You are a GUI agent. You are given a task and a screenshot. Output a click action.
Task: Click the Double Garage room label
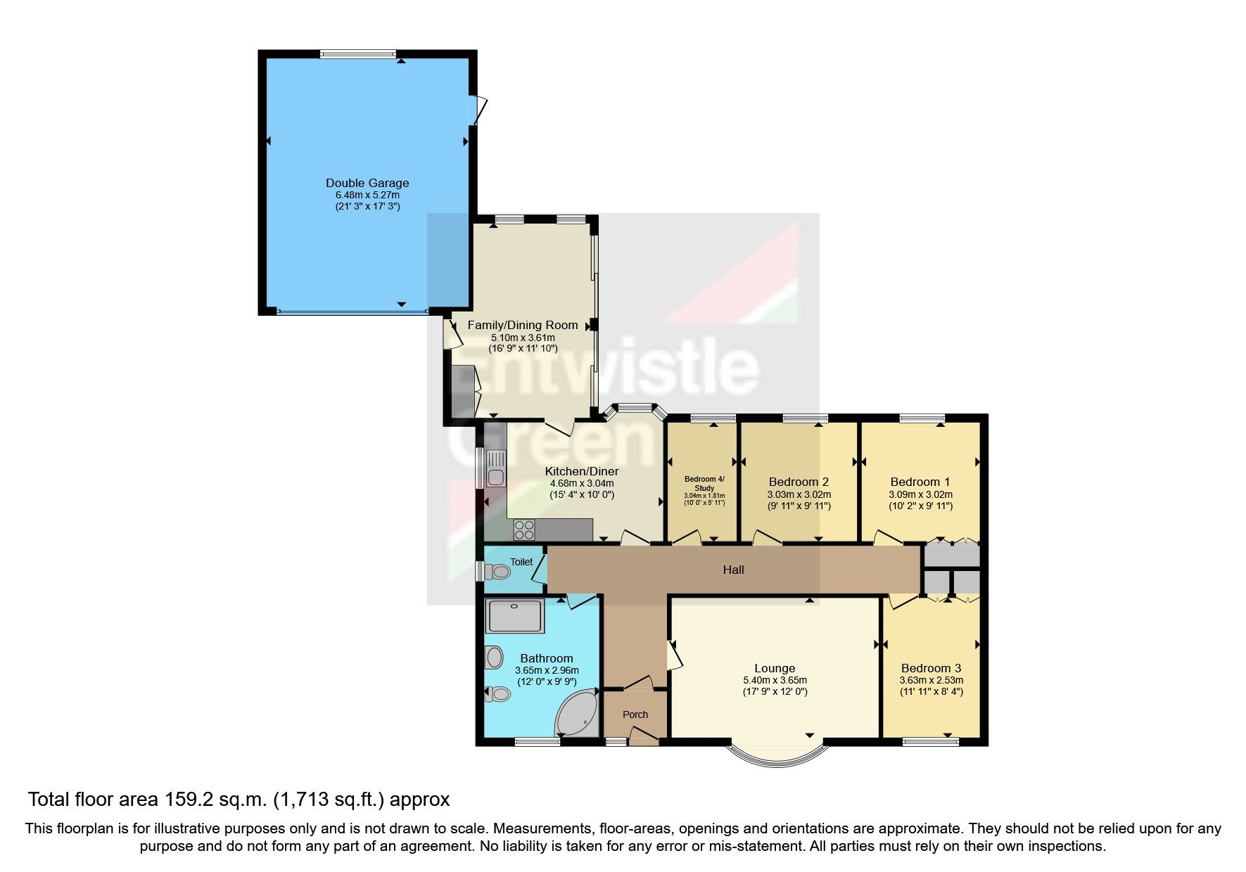point(367,183)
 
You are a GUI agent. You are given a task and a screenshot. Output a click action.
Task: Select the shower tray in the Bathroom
point(515,615)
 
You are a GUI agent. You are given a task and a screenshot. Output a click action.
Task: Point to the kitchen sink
point(496,469)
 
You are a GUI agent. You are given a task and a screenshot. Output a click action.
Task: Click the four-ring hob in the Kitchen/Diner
point(524,530)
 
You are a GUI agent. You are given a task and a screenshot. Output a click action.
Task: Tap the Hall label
point(733,570)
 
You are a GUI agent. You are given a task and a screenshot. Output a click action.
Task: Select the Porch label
point(635,714)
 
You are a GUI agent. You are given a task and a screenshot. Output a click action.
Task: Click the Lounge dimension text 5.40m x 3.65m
point(775,680)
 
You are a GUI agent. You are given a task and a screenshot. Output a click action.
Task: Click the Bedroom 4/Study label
point(704,483)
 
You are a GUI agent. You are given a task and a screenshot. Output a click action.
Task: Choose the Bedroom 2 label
point(799,482)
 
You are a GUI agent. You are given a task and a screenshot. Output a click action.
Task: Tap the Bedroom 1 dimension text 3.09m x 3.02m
point(920,494)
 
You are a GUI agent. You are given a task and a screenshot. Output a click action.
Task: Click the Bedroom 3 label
point(931,668)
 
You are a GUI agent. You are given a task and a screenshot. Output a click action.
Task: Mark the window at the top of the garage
point(358,54)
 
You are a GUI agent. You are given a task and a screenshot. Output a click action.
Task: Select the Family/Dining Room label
point(523,325)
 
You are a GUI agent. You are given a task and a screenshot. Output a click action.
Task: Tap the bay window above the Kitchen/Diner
point(635,407)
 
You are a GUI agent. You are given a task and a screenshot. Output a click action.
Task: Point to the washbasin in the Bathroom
point(495,658)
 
